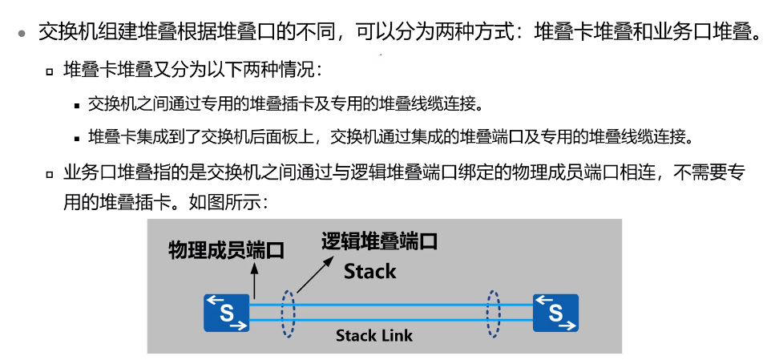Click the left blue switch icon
[x=227, y=313]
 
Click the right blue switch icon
[x=555, y=313]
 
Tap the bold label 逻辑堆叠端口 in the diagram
[x=379, y=241]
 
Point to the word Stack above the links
[x=370, y=272]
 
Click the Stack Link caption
[x=374, y=335]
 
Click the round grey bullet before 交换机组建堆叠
[x=22, y=34]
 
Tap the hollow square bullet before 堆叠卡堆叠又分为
[x=50, y=71]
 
